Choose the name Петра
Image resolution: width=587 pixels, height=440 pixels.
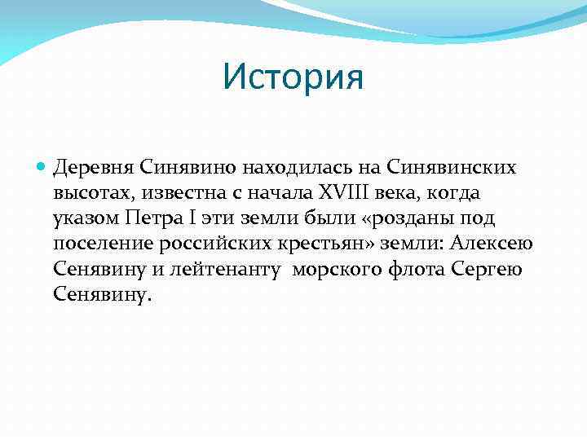pos(152,218)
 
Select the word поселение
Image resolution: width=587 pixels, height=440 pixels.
pos(99,244)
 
